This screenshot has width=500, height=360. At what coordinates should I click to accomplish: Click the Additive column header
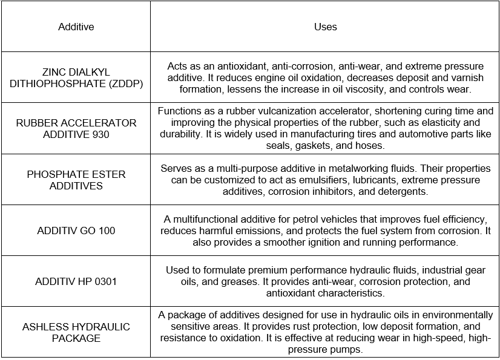click(76, 27)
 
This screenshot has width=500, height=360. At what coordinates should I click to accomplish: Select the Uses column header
click(326, 27)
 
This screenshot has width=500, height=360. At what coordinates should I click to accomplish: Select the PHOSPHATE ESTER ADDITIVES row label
click(76, 180)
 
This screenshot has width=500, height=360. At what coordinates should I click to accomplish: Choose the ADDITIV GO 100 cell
click(76, 231)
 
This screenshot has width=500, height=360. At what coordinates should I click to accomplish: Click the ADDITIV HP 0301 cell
click(76, 281)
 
